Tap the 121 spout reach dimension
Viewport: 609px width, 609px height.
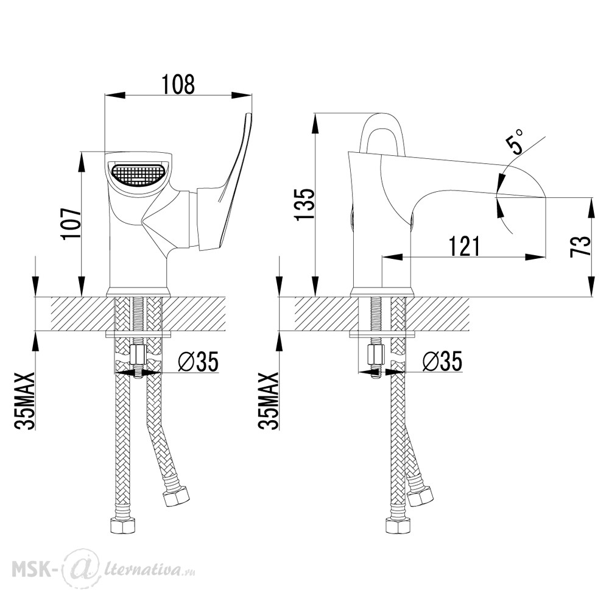pyautogui.click(x=464, y=246)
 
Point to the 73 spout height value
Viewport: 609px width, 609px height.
pyautogui.click(x=580, y=246)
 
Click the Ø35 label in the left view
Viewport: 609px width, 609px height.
pyautogui.click(x=198, y=361)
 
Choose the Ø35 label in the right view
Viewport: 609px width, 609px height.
pyautogui.click(x=442, y=361)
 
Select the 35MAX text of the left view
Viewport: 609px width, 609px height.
pyautogui.click(x=25, y=401)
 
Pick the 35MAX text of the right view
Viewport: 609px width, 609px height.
pyautogui.click(x=269, y=401)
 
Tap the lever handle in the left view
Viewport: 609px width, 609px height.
pyautogui.click(x=225, y=183)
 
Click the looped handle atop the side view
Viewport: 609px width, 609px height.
pyautogui.click(x=382, y=132)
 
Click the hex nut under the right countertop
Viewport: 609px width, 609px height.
pyautogui.click(x=376, y=354)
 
